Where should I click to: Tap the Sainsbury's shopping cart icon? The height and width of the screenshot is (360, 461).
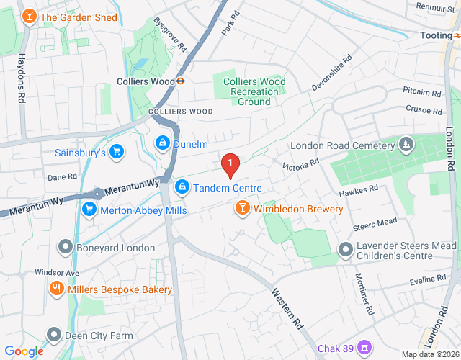click(117, 152)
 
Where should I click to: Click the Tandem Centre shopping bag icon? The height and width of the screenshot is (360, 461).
click(181, 187)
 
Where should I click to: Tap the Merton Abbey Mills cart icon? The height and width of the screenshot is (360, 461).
click(89, 210)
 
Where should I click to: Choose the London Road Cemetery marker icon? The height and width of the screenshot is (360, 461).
click(406, 145)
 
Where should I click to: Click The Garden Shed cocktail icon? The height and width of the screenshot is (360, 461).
click(29, 17)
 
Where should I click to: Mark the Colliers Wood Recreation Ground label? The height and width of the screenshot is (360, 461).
click(254, 91)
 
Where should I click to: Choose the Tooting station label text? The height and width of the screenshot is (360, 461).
click(437, 35)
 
